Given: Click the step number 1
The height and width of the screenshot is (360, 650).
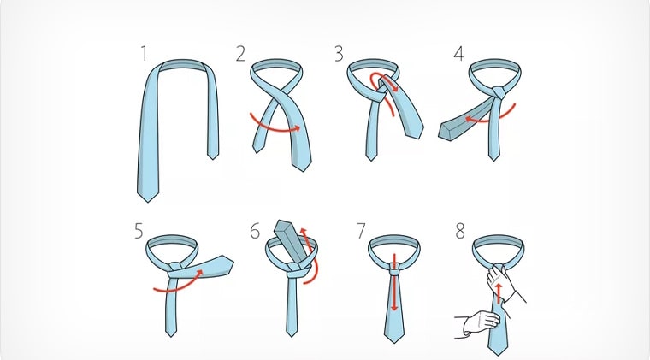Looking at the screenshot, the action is click(x=144, y=54).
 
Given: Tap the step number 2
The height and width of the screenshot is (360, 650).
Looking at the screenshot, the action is click(x=240, y=54).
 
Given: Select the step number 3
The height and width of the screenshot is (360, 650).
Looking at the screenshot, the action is click(x=339, y=54).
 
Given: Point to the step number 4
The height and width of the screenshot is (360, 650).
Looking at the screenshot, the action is click(x=458, y=54).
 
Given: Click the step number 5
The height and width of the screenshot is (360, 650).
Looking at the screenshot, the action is click(x=139, y=231).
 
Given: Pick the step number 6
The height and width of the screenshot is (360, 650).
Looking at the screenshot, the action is click(x=255, y=231).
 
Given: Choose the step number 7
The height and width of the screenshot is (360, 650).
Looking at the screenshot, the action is click(x=362, y=231).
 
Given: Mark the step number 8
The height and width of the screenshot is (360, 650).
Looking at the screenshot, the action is click(x=460, y=231).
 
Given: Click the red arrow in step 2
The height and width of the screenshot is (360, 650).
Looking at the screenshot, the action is click(x=274, y=129).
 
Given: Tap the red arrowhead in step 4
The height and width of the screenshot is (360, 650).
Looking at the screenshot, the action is click(x=469, y=120).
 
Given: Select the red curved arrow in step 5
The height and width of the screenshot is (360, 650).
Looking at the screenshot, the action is click(x=179, y=286).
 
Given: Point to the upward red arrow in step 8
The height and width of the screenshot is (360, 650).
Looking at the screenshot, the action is click(x=499, y=293).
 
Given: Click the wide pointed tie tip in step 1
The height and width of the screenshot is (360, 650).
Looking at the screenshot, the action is click(x=148, y=196).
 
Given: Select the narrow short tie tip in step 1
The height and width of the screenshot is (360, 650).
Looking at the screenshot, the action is click(x=213, y=155).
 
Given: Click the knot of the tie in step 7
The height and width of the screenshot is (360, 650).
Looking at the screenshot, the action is click(x=394, y=269).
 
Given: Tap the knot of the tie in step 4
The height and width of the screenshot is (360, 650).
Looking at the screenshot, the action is click(x=499, y=92).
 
